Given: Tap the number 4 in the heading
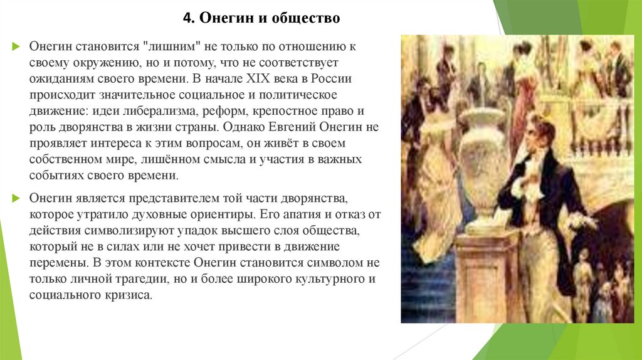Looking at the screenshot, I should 186,19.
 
